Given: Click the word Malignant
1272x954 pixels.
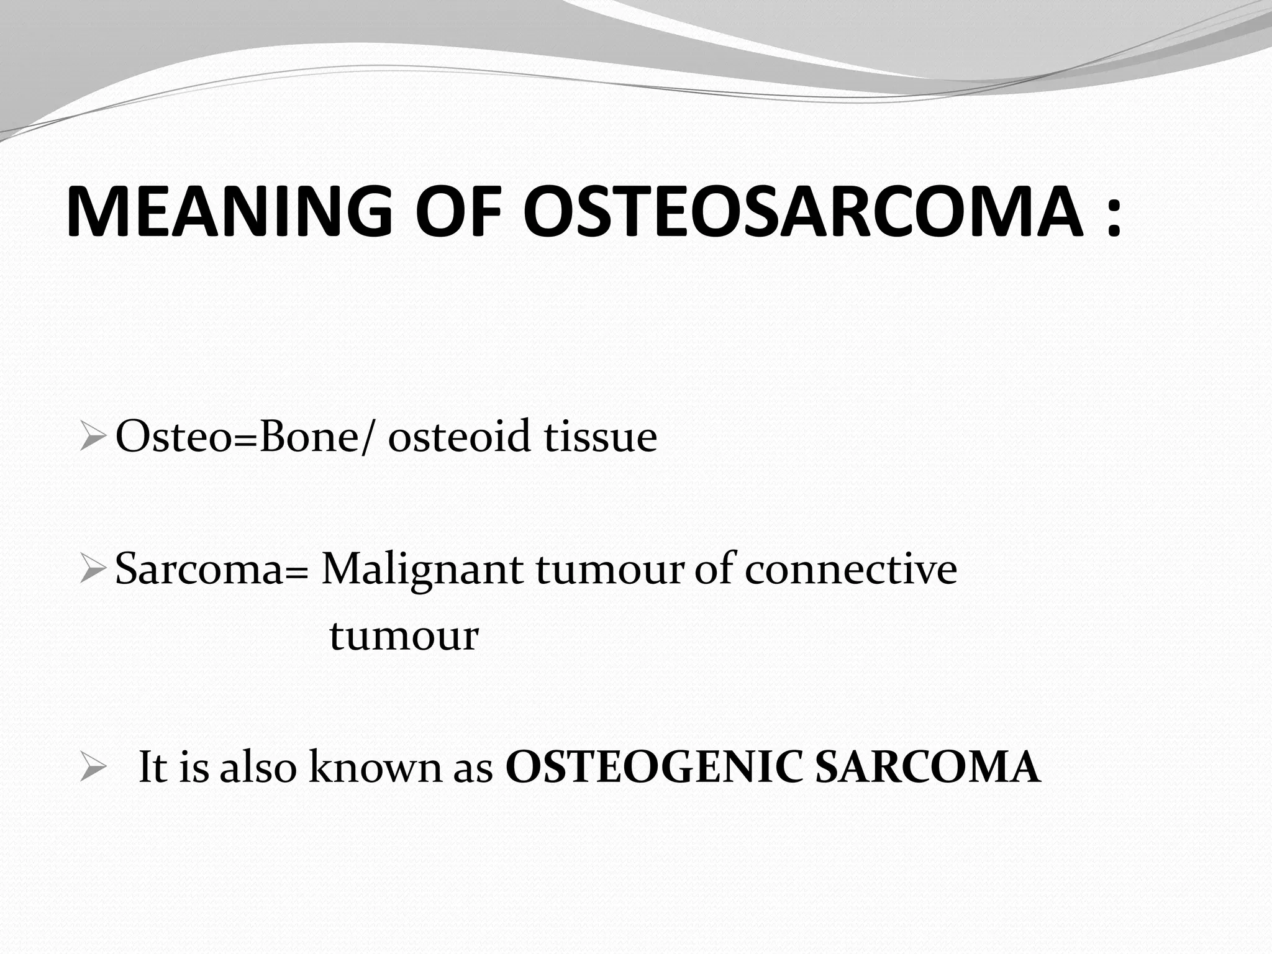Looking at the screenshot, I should click(x=421, y=570).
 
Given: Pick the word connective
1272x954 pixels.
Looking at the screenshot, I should click(x=850, y=570).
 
